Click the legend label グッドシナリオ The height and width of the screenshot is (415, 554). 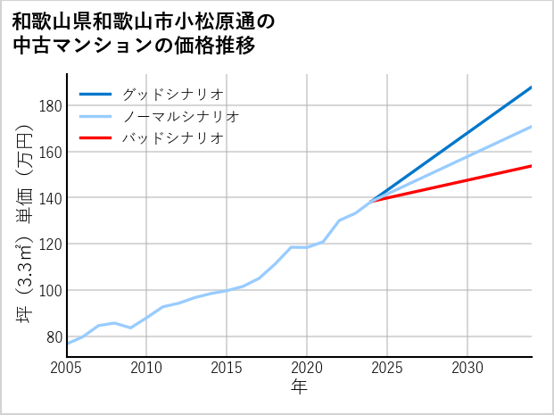tap(173, 94)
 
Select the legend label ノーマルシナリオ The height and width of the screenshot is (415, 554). tap(181, 116)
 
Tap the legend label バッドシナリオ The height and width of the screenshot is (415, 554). tap(173, 138)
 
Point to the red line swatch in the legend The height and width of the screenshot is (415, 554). tap(95, 138)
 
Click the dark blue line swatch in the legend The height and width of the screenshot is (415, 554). tap(95, 94)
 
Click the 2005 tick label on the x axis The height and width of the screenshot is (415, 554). tap(67, 368)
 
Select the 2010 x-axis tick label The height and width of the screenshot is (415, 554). tap(147, 368)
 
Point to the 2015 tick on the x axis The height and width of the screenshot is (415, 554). tap(227, 368)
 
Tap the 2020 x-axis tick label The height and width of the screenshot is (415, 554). tap(307, 368)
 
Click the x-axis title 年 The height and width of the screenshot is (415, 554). tap(299, 387)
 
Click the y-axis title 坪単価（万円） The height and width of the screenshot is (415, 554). tap(24, 223)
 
